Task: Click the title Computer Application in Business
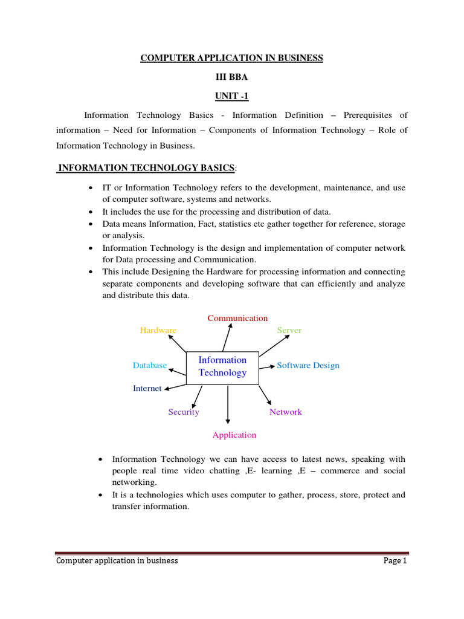tap(232, 58)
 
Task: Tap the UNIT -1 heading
tap(232, 96)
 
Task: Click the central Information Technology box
tap(222, 366)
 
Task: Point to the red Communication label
tap(237, 318)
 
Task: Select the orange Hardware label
tap(158, 330)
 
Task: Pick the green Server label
tap(289, 330)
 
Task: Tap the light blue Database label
tap(149, 365)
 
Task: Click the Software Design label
tap(308, 365)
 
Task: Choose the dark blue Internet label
tap(147, 388)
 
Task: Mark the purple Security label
tap(184, 412)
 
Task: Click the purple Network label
tap(285, 412)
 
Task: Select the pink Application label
tap(234, 435)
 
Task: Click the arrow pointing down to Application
tap(228, 405)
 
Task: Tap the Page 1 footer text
tap(396, 560)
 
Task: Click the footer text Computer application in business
tap(117, 560)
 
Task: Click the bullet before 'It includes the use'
tap(90, 212)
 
